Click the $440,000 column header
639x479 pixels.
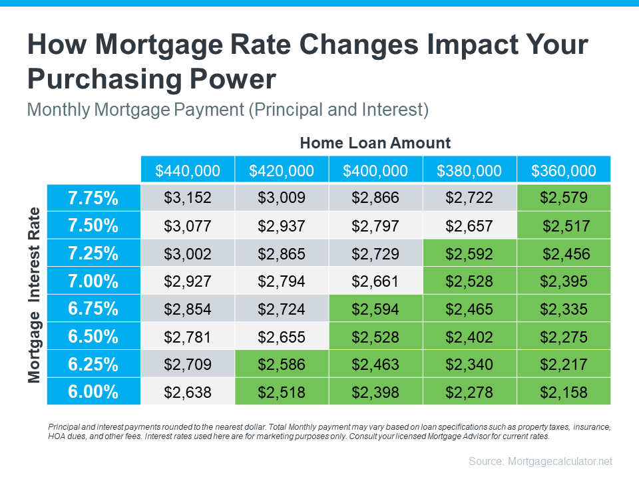[x=187, y=170]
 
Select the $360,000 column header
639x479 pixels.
[x=563, y=170]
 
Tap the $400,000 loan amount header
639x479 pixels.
[x=375, y=170]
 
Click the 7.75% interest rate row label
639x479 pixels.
[x=93, y=198]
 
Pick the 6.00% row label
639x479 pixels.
[x=93, y=392]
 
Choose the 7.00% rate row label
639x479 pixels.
[x=93, y=281]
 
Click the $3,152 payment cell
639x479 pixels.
[x=187, y=198]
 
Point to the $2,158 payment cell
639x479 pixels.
[x=563, y=392]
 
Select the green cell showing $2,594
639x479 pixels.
[x=375, y=309]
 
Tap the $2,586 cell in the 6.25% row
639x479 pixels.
[x=281, y=364]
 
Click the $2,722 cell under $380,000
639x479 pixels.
[x=469, y=198]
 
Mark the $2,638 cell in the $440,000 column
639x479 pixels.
[x=187, y=392]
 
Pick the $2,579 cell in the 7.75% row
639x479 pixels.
[x=563, y=198]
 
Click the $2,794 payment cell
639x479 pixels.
[x=281, y=281]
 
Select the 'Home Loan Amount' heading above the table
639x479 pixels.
[x=375, y=142]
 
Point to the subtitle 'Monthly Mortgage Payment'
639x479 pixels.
[x=136, y=110]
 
